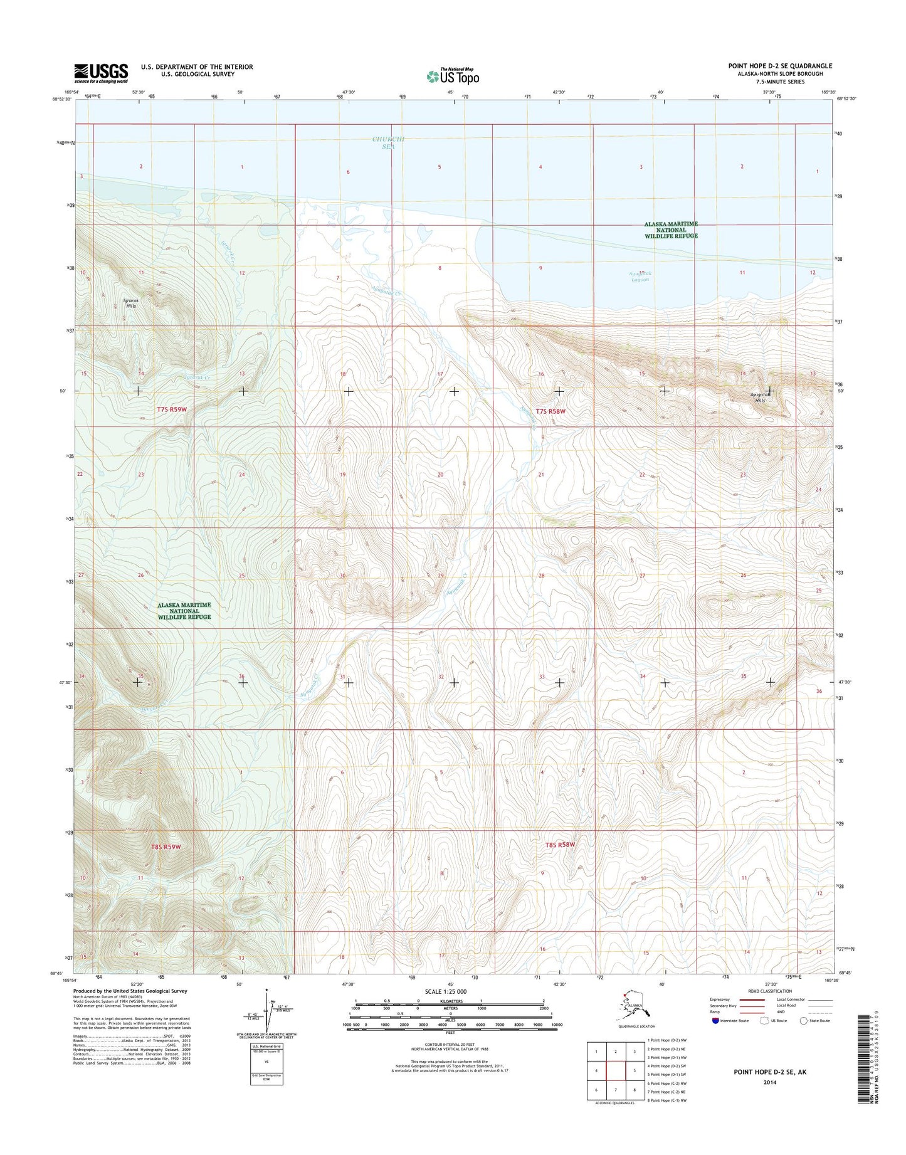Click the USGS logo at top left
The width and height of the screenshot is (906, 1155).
pos(101,73)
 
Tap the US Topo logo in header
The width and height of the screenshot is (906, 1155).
pos(453,76)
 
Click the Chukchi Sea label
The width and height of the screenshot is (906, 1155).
pos(389,143)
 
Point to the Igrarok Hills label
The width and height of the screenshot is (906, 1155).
pos(131,303)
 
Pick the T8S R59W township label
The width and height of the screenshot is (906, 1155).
pos(166,846)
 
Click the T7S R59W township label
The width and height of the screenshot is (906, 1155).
pos(172,409)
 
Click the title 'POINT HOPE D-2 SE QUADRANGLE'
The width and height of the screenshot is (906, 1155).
pos(780,66)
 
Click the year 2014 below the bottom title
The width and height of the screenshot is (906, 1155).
pos(770,1082)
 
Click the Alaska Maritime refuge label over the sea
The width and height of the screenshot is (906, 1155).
pos(672,229)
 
